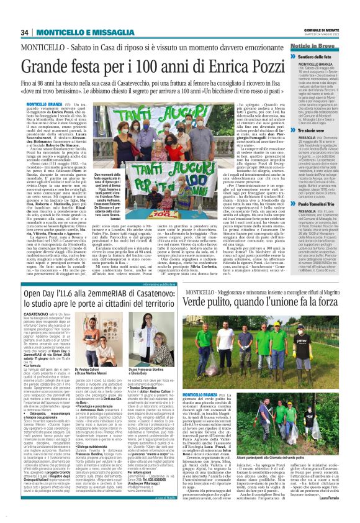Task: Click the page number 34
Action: point(26,32)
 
